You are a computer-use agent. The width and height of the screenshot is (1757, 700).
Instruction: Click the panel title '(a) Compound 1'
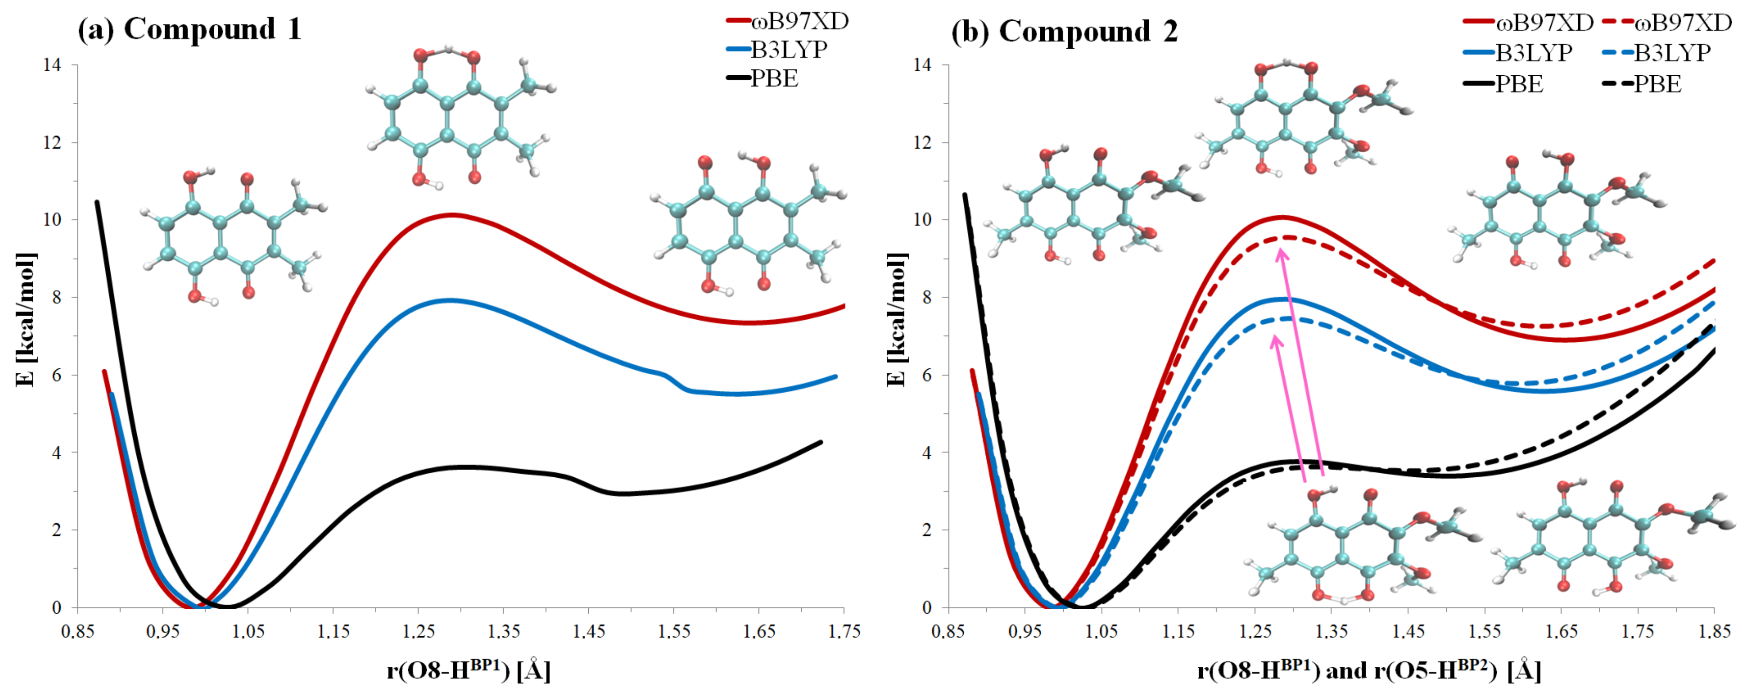[x=189, y=29]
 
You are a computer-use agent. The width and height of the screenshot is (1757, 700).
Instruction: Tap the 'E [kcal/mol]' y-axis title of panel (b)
[x=896, y=319]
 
